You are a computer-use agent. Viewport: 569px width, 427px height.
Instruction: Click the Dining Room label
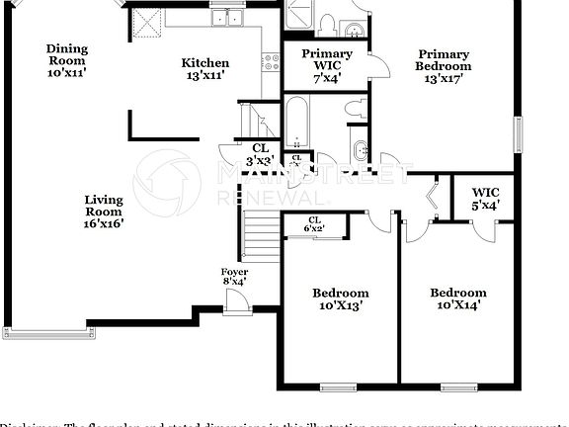click(67, 55)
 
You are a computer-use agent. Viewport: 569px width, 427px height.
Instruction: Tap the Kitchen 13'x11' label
click(205, 69)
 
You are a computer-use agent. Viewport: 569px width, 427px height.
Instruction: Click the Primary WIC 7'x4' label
click(326, 66)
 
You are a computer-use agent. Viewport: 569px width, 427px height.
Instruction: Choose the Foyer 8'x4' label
click(234, 277)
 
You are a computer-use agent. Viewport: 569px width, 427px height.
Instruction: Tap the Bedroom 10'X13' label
click(341, 299)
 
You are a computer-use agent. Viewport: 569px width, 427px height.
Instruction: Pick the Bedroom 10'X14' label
click(457, 299)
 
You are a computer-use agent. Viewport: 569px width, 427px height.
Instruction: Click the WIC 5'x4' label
click(485, 199)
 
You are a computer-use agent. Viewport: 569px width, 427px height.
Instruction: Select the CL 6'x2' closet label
click(314, 224)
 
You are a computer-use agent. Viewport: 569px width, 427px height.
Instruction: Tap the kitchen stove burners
click(269, 61)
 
